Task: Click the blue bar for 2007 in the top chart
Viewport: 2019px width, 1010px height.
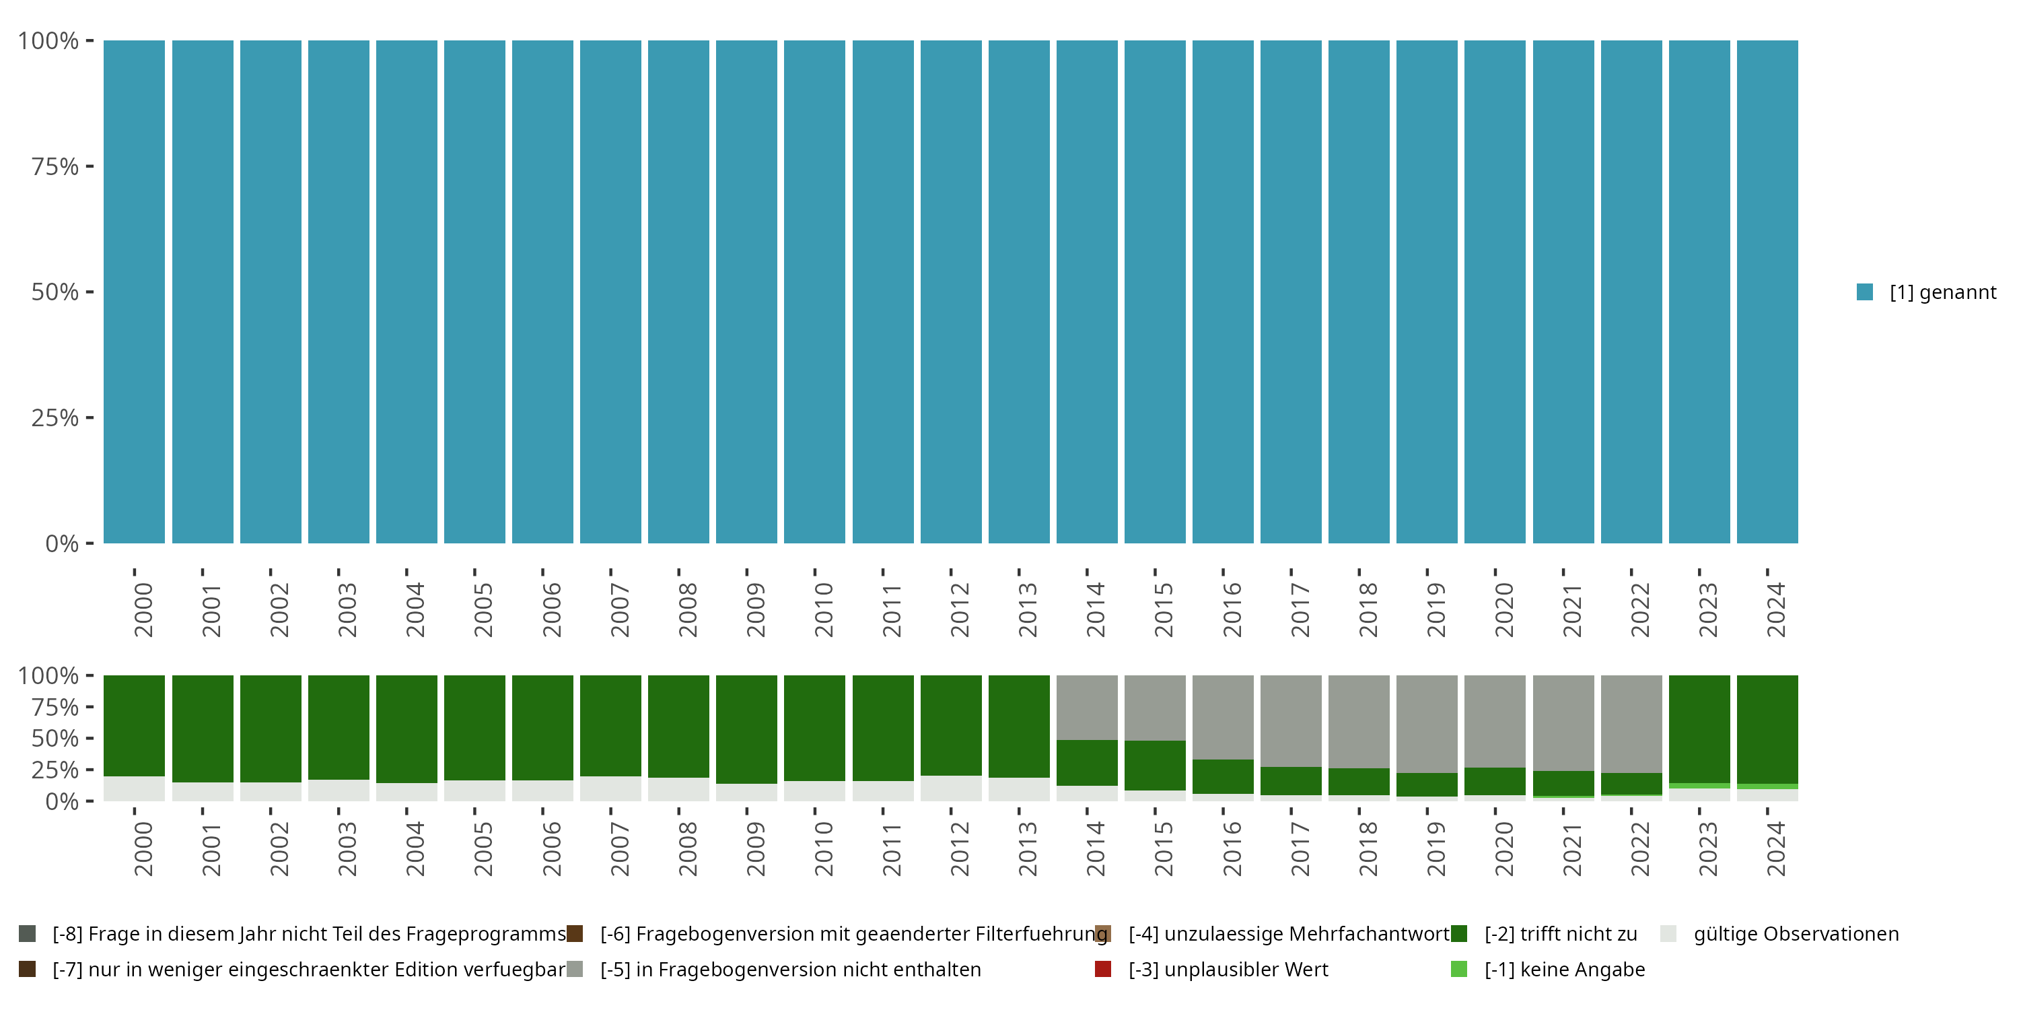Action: tap(610, 292)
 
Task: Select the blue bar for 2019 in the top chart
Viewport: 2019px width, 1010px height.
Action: tap(1427, 292)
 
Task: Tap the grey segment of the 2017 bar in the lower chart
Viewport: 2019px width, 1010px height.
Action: tap(1291, 720)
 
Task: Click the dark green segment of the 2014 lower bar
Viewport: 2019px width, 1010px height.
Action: tap(1087, 762)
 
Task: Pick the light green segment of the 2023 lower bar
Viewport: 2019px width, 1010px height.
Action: tap(1699, 786)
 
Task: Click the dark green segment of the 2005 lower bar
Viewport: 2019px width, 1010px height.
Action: tap(474, 727)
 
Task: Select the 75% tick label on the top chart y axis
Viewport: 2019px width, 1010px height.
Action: tap(55, 166)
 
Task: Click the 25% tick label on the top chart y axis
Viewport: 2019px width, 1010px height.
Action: tap(55, 418)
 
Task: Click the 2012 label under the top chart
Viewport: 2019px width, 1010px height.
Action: tap(959, 609)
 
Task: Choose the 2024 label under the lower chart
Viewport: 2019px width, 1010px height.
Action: tap(1775, 848)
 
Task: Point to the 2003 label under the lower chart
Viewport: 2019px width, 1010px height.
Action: tap(347, 848)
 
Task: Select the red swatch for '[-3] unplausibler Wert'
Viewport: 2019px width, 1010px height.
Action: tap(1103, 969)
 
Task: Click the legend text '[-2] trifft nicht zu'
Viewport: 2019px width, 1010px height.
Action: tap(1561, 934)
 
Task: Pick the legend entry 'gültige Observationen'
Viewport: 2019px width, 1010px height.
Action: tap(1796, 934)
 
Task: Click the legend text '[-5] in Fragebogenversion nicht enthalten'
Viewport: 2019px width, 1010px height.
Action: tap(790, 969)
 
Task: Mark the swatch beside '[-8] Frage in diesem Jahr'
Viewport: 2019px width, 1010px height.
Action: tap(28, 934)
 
